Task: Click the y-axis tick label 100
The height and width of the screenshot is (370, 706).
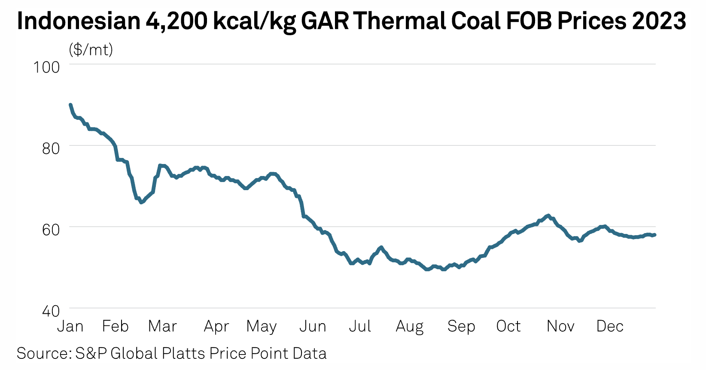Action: click(x=46, y=67)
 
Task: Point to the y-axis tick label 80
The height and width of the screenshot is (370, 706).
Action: click(x=51, y=148)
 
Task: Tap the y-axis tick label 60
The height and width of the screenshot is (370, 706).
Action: click(x=51, y=229)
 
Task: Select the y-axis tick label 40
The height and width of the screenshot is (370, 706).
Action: click(x=51, y=310)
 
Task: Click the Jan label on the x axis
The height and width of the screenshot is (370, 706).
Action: click(x=70, y=326)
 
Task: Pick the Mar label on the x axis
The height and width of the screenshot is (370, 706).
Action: click(x=162, y=326)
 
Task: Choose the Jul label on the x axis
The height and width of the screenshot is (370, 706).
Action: click(x=359, y=326)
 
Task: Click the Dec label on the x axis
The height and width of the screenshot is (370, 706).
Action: click(x=610, y=326)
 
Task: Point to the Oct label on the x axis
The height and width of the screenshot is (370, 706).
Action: click(x=508, y=326)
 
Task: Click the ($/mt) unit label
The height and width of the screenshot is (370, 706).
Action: click(x=91, y=50)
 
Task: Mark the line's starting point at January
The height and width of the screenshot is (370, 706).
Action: click(x=70, y=105)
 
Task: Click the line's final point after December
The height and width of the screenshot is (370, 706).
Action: click(x=655, y=235)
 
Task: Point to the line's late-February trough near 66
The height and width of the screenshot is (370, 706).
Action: click(x=141, y=202)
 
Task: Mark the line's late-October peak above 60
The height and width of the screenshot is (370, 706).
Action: click(x=548, y=215)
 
